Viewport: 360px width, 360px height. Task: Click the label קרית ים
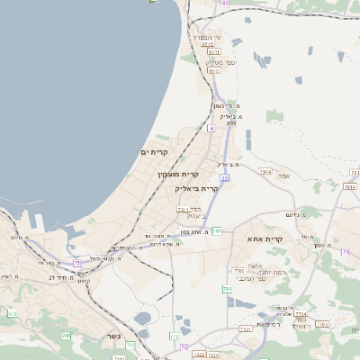point(156,153)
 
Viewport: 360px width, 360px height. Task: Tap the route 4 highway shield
point(210,129)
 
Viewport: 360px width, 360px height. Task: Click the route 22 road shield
point(223,178)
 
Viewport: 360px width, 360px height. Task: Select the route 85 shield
point(224,4)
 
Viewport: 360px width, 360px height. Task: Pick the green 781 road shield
point(217,231)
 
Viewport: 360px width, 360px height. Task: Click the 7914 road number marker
point(265,171)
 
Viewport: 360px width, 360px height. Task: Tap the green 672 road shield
point(13,313)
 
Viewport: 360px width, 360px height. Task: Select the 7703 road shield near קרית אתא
point(238,271)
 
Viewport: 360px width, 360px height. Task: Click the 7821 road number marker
point(246,330)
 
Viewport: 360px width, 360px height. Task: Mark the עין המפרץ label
point(211,35)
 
